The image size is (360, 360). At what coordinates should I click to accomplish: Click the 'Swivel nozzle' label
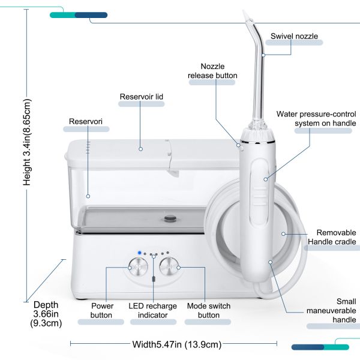[294, 37]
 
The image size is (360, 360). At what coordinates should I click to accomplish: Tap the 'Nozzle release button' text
[212, 71]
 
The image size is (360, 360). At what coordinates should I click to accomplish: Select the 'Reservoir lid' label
[141, 96]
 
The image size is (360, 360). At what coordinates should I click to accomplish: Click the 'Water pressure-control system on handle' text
[316, 118]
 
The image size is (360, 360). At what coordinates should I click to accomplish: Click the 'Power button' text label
[102, 310]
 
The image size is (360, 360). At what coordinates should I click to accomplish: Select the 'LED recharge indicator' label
[153, 310]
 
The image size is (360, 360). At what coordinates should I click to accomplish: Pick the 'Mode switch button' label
[208, 310]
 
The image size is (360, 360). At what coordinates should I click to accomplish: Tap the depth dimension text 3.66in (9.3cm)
[46, 314]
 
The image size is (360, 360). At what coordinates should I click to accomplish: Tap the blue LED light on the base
[139, 253]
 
